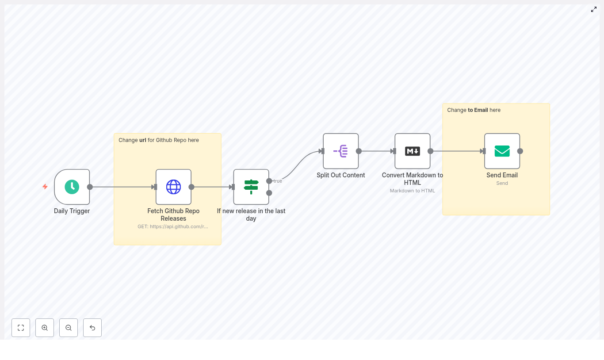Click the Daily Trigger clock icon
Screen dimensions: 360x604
[x=72, y=187]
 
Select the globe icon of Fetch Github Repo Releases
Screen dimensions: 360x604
[x=173, y=187]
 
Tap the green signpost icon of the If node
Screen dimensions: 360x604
[x=251, y=187]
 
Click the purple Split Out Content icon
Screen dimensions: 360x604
[x=340, y=151]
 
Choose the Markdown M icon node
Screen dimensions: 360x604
[x=412, y=151]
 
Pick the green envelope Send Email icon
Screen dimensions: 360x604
[x=502, y=151]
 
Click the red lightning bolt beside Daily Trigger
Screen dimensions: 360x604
[x=45, y=187]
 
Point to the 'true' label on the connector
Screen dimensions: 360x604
[x=278, y=181]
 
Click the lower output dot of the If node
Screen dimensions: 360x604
[x=269, y=193]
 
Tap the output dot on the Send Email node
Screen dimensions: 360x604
[x=520, y=151]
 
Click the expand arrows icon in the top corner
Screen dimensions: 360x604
[x=594, y=9]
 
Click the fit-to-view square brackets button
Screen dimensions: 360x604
[x=21, y=328]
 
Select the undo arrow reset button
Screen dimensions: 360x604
[x=92, y=328]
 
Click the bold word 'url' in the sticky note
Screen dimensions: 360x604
[x=143, y=140]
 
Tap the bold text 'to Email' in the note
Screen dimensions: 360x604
[x=478, y=110]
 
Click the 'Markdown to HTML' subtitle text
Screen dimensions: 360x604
[x=412, y=191]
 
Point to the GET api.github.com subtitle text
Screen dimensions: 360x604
[x=172, y=226]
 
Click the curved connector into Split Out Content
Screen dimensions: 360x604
[x=298, y=164]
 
